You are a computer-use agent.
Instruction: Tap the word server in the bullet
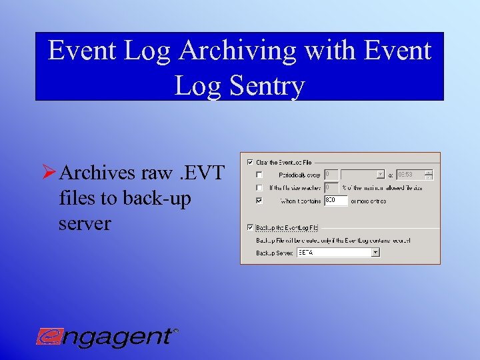point(85,223)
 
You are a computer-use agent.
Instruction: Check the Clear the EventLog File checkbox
point(250,161)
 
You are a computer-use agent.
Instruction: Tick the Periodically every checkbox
point(259,174)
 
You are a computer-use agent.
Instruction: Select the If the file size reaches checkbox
point(259,187)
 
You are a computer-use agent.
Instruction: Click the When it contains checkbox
point(259,200)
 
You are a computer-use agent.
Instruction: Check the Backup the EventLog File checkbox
point(250,227)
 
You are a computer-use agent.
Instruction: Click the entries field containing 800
point(335,200)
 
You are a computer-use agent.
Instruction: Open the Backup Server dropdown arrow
point(375,253)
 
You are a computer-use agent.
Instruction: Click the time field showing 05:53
point(409,174)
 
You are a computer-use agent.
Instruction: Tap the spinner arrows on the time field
point(429,174)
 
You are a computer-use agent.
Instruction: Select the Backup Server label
point(274,253)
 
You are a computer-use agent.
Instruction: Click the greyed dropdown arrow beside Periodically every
point(380,174)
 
